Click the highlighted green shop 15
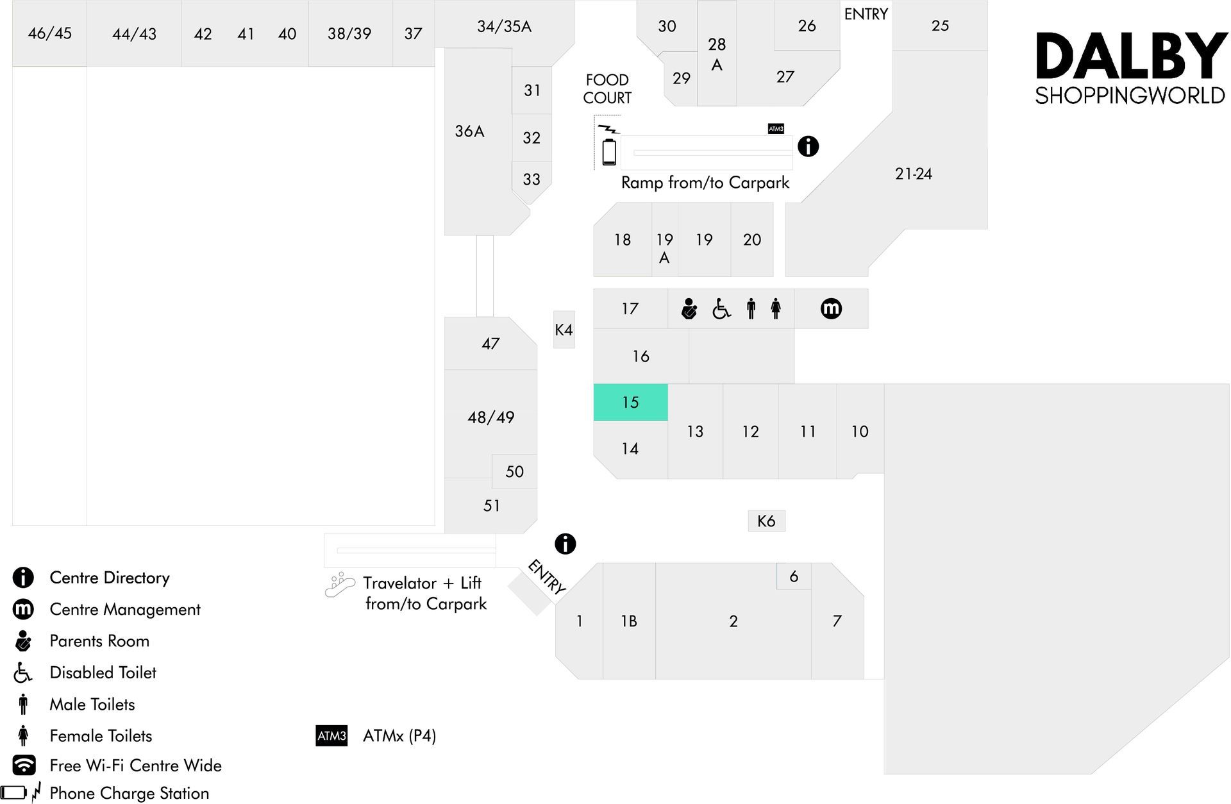pos(630,403)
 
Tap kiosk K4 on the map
pos(564,330)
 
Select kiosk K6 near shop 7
pos(766,521)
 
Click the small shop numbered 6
pos(794,576)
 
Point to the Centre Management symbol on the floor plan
pos(831,308)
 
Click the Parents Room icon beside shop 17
pos(689,308)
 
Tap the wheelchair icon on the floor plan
pos(721,309)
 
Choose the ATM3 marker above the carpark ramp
pos(776,129)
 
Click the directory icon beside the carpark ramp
pos(808,146)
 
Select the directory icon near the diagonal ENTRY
pos(565,544)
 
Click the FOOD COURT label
pos(607,89)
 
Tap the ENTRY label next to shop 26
pos(866,14)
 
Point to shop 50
pos(514,472)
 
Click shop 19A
pos(664,240)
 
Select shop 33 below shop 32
pos(532,180)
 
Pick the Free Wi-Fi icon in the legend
pos(24,765)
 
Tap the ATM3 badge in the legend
pos(331,736)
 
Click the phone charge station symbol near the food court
pos(608,145)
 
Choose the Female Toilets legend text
pos(101,735)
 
